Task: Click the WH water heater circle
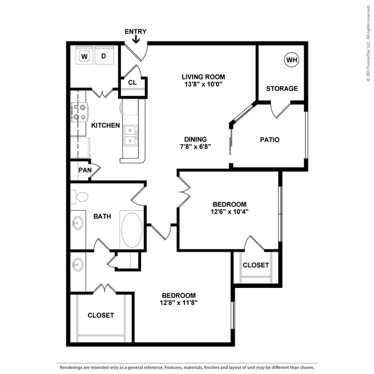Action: (x=291, y=59)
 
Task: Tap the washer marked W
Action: (x=84, y=56)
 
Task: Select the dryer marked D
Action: (x=104, y=56)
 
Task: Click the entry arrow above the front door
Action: (x=136, y=39)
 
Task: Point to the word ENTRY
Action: (x=136, y=32)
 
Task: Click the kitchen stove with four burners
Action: (x=79, y=112)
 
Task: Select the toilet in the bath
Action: (x=80, y=197)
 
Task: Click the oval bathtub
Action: (x=132, y=229)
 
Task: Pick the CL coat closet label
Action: (x=132, y=83)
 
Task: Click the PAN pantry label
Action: (x=85, y=170)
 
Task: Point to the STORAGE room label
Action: (x=282, y=88)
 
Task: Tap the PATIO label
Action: (x=270, y=139)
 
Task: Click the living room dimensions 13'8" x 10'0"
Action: (x=204, y=84)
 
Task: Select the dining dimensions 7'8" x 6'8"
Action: (x=195, y=146)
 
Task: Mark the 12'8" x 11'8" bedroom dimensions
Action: (x=179, y=303)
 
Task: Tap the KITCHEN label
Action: (x=105, y=125)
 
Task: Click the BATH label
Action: (x=102, y=217)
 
